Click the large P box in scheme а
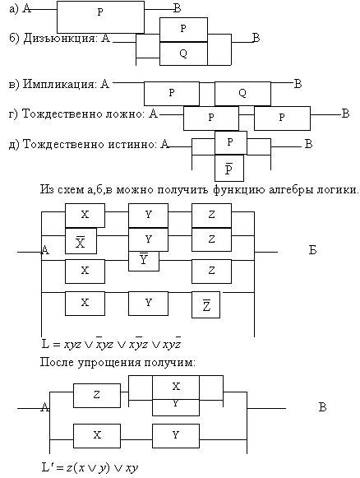[x=100, y=17]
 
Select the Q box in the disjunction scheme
[x=183, y=53]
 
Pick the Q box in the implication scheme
[x=242, y=93]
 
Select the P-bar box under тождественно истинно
[x=229, y=168]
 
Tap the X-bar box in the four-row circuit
[x=81, y=241]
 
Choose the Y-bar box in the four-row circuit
[x=144, y=261]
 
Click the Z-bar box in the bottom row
[x=205, y=305]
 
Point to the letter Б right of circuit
[x=313, y=250]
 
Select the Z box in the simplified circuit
[x=97, y=396]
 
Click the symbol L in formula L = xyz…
[x=45, y=344]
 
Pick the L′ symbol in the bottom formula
[x=47, y=467]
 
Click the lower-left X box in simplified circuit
[x=97, y=435]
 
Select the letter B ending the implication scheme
[x=298, y=84]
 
